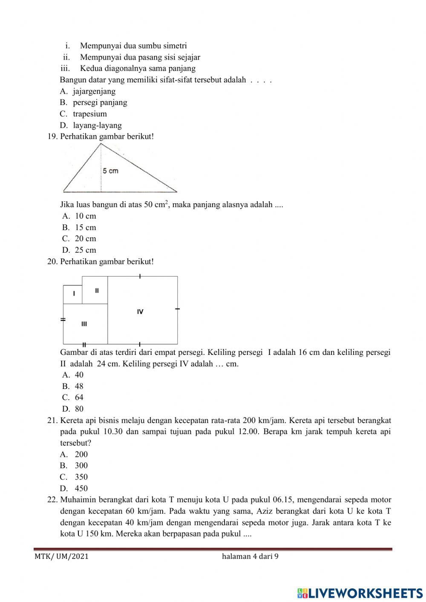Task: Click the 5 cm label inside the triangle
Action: pos(110,171)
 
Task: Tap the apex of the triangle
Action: pos(101,144)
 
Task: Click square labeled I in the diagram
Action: pos(74,294)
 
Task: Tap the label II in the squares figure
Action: pos(97,291)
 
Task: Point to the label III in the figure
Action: pos(84,324)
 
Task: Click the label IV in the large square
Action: pos(140,311)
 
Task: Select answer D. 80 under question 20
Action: pos(73,409)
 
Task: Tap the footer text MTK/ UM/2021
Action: pos(61,556)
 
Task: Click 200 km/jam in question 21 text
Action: pos(263,421)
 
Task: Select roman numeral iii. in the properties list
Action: pos(65,68)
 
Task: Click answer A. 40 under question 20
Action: pos(73,375)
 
